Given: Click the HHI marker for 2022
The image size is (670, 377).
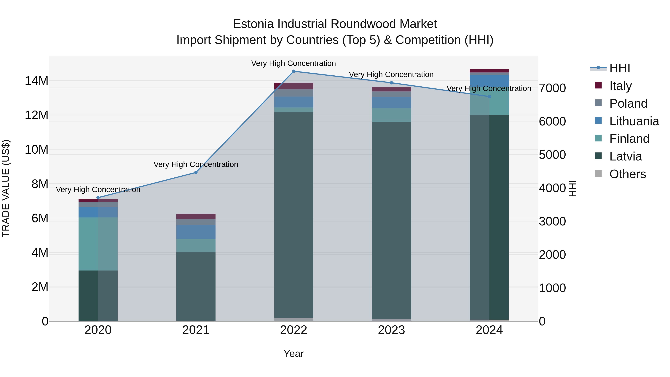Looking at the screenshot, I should tap(294, 71).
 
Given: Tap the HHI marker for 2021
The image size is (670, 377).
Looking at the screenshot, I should tap(196, 173).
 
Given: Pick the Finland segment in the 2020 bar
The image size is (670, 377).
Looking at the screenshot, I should tap(98, 244).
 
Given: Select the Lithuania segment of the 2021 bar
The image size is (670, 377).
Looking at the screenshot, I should tap(196, 232).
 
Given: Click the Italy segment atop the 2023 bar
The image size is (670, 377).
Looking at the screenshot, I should tap(391, 89).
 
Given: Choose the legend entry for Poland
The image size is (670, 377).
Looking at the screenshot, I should tap(628, 104).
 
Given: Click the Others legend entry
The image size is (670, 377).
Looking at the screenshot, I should tap(627, 174).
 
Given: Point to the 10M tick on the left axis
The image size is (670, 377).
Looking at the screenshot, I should tap(37, 150).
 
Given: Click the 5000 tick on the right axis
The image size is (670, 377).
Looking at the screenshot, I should tap(552, 155).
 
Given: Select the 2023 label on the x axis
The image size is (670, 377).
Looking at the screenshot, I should tap(391, 330).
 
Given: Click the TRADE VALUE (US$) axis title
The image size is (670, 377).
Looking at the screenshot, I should tap(6, 188).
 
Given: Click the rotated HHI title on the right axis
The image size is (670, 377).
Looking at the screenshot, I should tap(573, 188).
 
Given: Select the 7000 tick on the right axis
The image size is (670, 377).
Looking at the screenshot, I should tap(552, 88).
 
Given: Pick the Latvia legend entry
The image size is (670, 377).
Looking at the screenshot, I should tap(625, 156).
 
